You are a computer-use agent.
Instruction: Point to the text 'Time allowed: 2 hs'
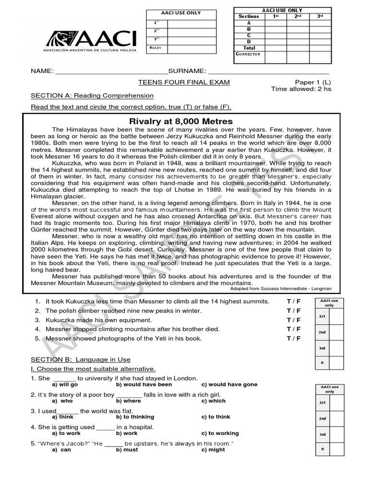(301, 89)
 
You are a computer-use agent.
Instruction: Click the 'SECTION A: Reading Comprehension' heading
(92, 96)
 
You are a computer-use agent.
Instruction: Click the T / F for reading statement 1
(294, 301)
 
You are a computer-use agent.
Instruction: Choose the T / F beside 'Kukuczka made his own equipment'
(294, 320)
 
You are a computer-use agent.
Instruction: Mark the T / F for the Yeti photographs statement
(294, 338)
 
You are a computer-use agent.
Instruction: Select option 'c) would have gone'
(229, 384)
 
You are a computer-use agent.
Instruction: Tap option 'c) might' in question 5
(213, 450)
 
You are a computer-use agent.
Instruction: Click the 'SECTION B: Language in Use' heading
(81, 359)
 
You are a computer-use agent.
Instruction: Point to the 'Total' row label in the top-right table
(249, 48)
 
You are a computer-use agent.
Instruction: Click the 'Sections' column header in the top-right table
(249, 16)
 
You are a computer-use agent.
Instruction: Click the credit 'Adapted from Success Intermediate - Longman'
(281, 289)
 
